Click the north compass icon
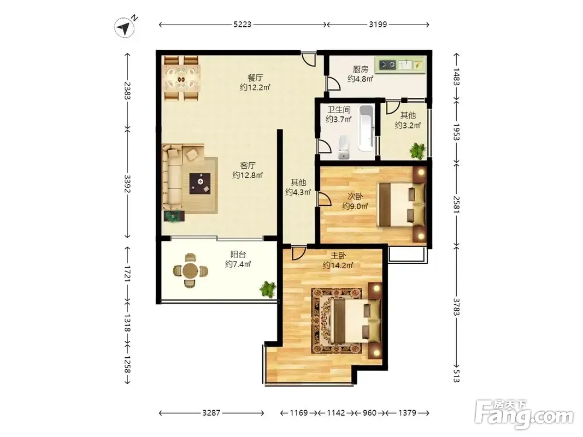pyautogui.click(x=125, y=28)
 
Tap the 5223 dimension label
pyautogui.click(x=243, y=25)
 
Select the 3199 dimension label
pyautogui.click(x=378, y=25)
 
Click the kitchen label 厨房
pyautogui.click(x=360, y=69)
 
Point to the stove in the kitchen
pyautogui.click(x=387, y=66)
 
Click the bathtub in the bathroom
pyautogui.click(x=366, y=128)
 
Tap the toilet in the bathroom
pyautogui.click(x=344, y=147)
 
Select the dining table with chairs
pyautogui.click(x=181, y=79)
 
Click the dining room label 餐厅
pyautogui.click(x=255, y=78)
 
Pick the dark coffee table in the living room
pyautogui.click(x=200, y=184)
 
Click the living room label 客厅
pyautogui.click(x=248, y=166)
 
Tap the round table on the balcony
pyautogui.click(x=190, y=270)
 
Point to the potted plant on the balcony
pyautogui.click(x=268, y=289)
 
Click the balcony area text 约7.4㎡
pyautogui.click(x=238, y=264)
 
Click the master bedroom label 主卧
pyautogui.click(x=338, y=256)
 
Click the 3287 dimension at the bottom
pyautogui.click(x=211, y=413)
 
